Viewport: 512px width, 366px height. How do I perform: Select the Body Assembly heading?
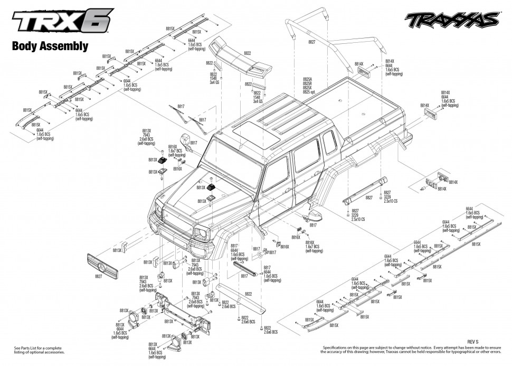pyautogui.click(x=50, y=46)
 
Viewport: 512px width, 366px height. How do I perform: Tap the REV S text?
pyautogui.click(x=472, y=342)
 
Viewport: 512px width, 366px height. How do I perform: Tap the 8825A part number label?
pyautogui.click(x=310, y=79)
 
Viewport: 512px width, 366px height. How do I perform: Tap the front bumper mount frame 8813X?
pyautogui.click(x=179, y=314)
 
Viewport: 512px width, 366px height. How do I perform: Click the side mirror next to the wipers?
pyautogui.click(x=186, y=141)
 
